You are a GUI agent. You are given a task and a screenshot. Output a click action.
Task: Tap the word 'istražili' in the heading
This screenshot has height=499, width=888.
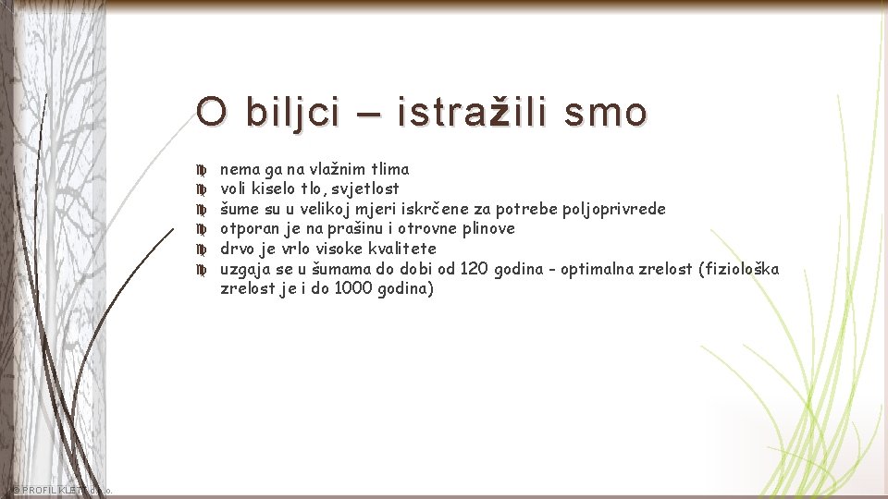(468, 113)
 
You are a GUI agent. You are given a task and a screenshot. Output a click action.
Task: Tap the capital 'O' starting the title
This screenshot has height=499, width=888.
(211, 113)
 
